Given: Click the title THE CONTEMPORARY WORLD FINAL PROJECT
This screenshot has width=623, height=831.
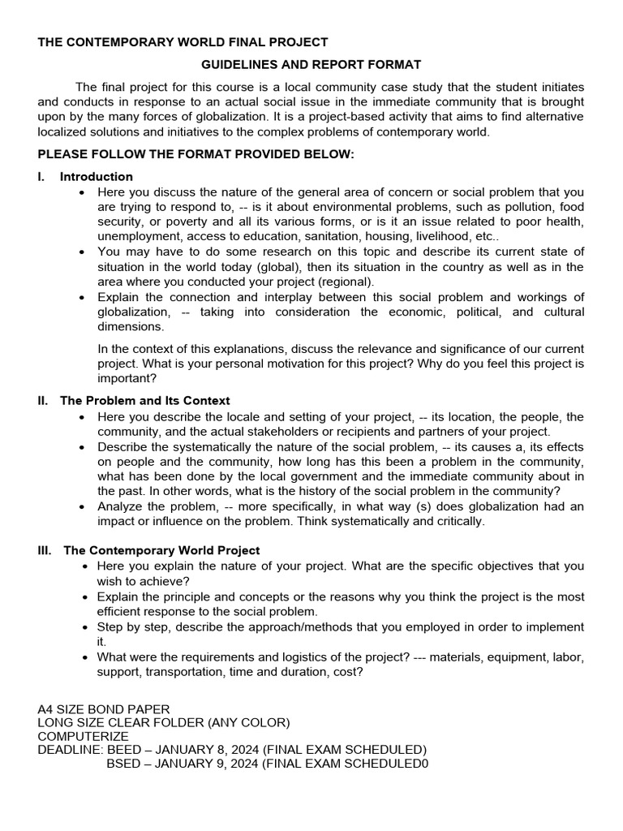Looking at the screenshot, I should coord(183,42).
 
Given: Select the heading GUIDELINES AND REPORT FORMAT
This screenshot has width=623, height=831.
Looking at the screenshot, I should coord(311,64).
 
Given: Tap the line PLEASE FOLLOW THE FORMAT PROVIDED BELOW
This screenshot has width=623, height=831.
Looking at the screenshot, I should coord(196,154).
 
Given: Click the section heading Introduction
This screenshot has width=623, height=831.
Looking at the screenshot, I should coord(97,176).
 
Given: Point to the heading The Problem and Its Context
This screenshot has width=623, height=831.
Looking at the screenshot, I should coord(145,400).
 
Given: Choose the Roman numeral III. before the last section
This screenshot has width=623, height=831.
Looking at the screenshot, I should coord(45,550).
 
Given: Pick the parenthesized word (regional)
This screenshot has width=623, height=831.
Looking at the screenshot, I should coord(346,282).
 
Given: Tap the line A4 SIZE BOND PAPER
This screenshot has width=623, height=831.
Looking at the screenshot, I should coord(104,709).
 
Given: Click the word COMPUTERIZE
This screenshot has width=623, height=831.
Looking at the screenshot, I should coord(83,736).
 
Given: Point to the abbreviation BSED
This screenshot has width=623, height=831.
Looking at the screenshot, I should coord(123,763).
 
